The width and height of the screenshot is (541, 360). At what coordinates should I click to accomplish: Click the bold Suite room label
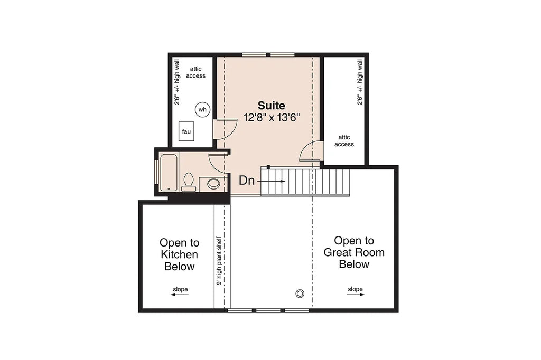click(x=271, y=105)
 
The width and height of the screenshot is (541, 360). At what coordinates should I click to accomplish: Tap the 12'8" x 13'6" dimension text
click(x=271, y=117)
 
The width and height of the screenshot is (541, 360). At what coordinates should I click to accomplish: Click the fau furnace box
click(x=186, y=131)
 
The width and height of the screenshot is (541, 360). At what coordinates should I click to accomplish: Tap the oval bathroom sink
click(x=213, y=184)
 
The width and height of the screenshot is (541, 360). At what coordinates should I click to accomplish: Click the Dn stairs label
click(x=247, y=181)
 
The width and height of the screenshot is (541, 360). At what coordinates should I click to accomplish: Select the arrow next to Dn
click(x=273, y=181)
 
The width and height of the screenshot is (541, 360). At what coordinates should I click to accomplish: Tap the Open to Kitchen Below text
click(x=179, y=254)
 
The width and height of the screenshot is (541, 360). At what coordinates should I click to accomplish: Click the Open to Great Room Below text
click(x=353, y=252)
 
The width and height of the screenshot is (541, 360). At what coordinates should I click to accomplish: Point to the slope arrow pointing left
click(x=180, y=295)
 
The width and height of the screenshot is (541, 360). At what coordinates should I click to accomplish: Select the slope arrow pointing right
click(x=355, y=295)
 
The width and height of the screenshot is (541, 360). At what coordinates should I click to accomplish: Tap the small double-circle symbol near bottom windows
click(x=301, y=293)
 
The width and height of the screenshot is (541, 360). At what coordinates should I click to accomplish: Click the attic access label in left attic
click(x=195, y=72)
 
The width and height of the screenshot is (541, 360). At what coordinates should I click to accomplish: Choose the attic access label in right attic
click(x=344, y=140)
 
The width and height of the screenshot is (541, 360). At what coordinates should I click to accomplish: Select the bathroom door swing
click(x=217, y=163)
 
